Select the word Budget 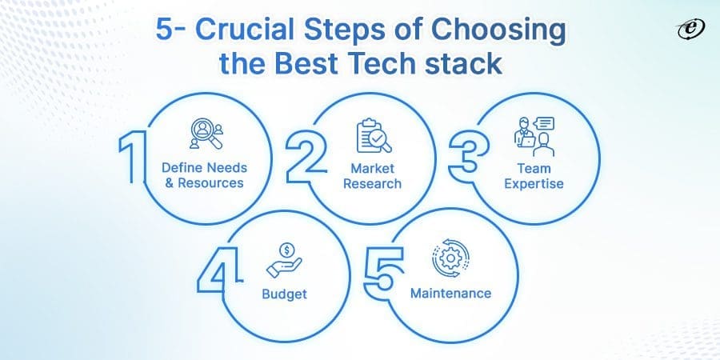pos(284,294)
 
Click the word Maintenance pos(450,293)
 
